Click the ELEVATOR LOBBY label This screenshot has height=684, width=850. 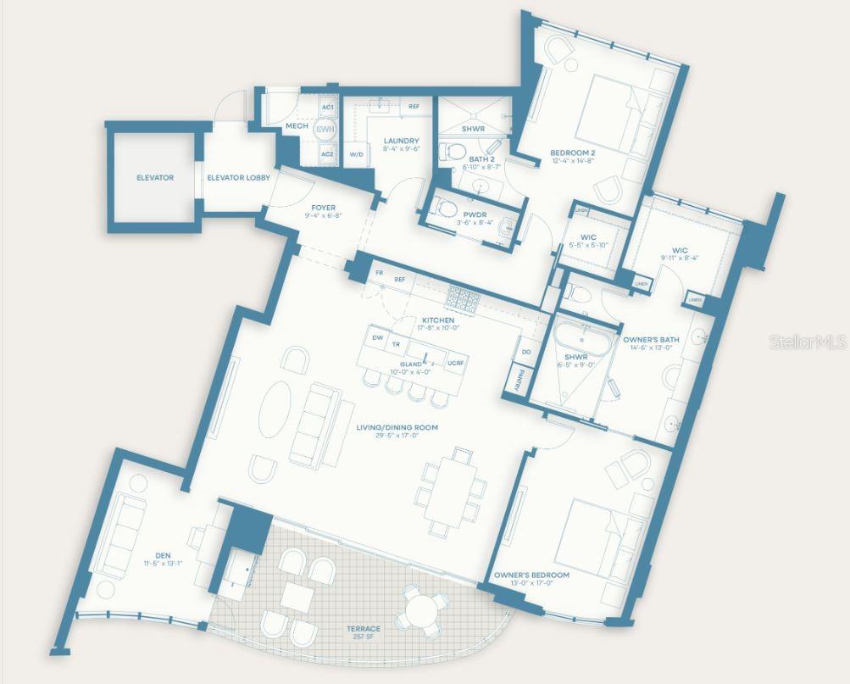pyautogui.click(x=238, y=178)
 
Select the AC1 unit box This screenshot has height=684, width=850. pyautogui.click(x=327, y=108)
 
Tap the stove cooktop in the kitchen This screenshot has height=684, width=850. pyautogui.click(x=464, y=298)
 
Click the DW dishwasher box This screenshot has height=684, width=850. pyautogui.click(x=377, y=337)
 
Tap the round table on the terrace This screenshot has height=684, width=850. pyautogui.click(x=419, y=609)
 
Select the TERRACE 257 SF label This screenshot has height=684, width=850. pyautogui.click(x=363, y=632)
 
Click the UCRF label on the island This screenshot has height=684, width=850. pyautogui.click(x=455, y=362)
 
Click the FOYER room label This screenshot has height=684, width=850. pyautogui.click(x=323, y=208)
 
